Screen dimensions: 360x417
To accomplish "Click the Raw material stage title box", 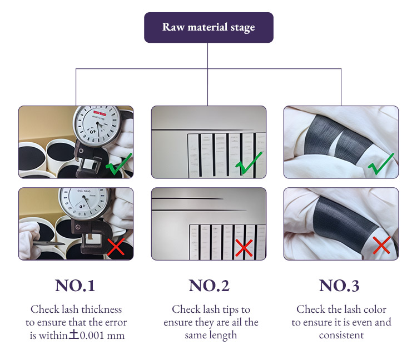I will coord(209,27).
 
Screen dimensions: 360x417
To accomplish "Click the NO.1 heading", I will coord(75,286).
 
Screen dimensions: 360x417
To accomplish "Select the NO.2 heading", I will coord(209,286).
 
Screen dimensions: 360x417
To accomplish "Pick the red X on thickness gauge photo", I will coord(115,248).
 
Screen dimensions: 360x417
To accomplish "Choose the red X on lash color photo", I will coord(381,245).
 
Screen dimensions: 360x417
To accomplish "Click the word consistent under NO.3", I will coord(341,336).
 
